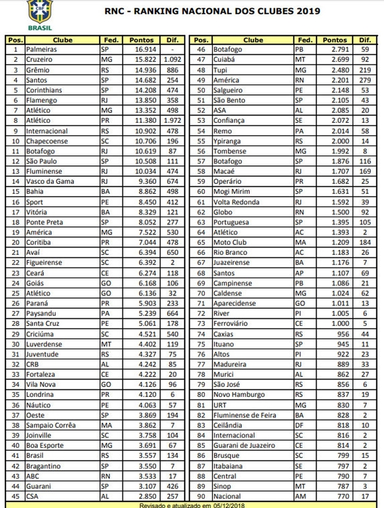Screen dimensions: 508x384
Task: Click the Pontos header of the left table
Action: (x=142, y=40)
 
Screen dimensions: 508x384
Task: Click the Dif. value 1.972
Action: (x=172, y=121)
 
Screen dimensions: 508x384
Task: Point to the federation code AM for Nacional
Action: (x=301, y=496)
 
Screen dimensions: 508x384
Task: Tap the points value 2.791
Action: (x=333, y=49)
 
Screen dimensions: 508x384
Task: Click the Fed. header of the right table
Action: (x=305, y=40)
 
